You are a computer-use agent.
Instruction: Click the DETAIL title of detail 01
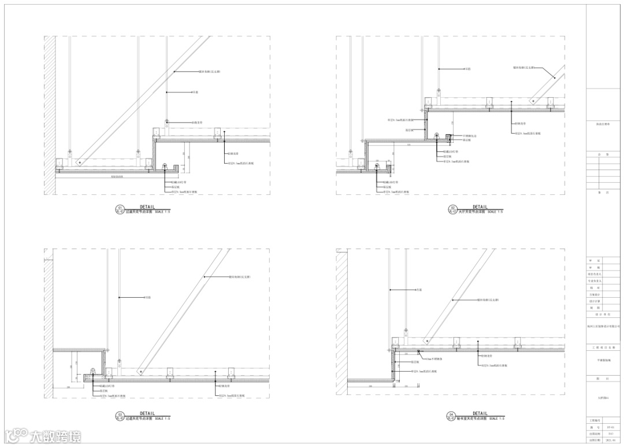click(147, 206)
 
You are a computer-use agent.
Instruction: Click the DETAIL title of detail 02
click(480, 206)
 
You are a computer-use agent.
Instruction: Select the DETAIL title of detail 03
click(147, 413)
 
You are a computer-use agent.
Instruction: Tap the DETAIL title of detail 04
click(480, 413)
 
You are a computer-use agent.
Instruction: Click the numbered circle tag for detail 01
click(120, 210)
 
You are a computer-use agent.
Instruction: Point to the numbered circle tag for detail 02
click(453, 210)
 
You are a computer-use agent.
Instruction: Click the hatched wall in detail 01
click(50, 116)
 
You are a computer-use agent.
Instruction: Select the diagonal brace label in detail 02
click(522, 67)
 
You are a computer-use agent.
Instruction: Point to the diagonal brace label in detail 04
click(488, 300)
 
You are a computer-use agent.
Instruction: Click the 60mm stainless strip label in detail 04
click(433, 358)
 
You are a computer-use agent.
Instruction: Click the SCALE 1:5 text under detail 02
click(496, 212)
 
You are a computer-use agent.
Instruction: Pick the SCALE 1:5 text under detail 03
click(163, 419)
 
